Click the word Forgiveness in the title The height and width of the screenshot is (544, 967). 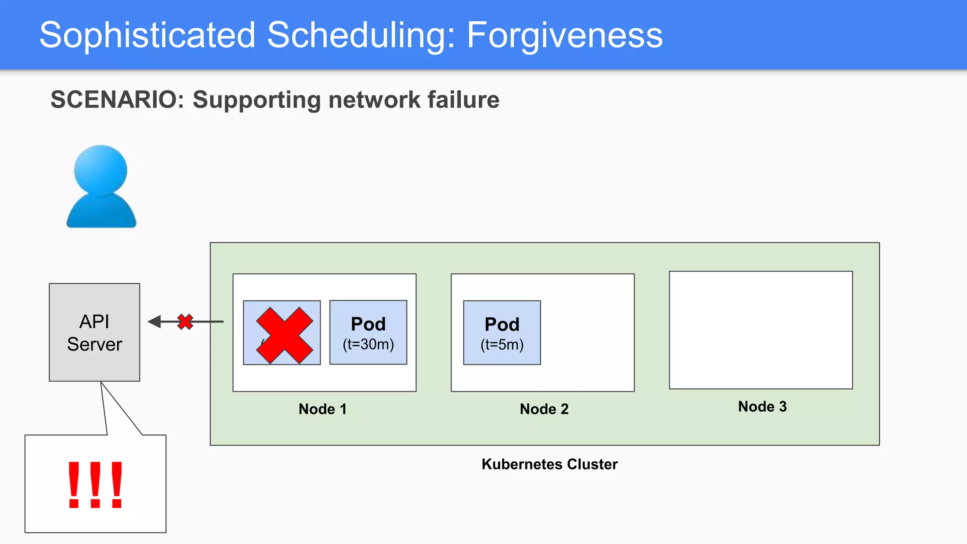coord(564,35)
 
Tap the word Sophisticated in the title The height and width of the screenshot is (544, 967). coord(147,35)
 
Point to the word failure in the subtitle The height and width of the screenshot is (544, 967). coord(463,100)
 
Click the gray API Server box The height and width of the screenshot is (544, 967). coord(94,332)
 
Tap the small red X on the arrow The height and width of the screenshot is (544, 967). coord(185,322)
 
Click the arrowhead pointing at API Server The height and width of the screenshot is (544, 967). coord(154,322)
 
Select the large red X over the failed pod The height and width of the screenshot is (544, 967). coord(284,335)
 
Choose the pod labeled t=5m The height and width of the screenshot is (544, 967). coord(502,332)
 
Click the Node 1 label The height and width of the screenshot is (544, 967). coord(322,409)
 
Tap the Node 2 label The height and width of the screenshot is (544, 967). coord(544,409)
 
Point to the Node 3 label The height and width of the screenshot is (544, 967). coord(762,407)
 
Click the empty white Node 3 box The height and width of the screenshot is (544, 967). coord(761,330)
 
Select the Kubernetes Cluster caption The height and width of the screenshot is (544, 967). coord(550,464)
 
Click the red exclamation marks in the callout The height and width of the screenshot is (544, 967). coord(95,484)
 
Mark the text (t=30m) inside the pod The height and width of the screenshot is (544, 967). coord(368,344)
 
